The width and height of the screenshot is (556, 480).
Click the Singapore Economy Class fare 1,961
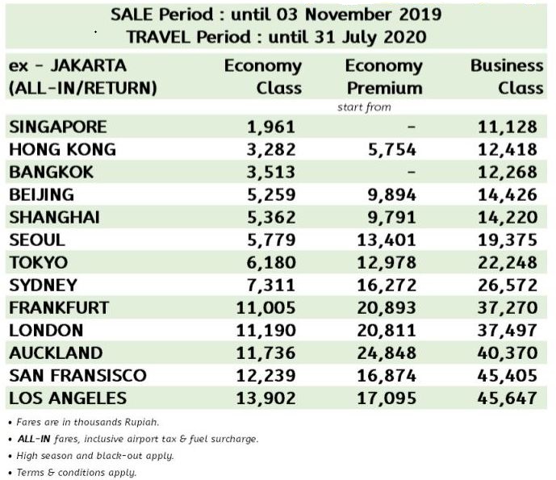[270, 127]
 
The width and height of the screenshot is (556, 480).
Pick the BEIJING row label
[41, 194]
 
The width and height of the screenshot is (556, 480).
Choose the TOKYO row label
[39, 262]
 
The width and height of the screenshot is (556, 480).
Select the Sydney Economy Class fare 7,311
[270, 285]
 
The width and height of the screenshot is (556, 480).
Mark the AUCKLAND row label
[56, 353]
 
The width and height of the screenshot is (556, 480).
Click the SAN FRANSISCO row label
[77, 375]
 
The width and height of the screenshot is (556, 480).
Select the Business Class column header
[507, 77]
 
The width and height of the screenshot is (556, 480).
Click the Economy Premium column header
[383, 77]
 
